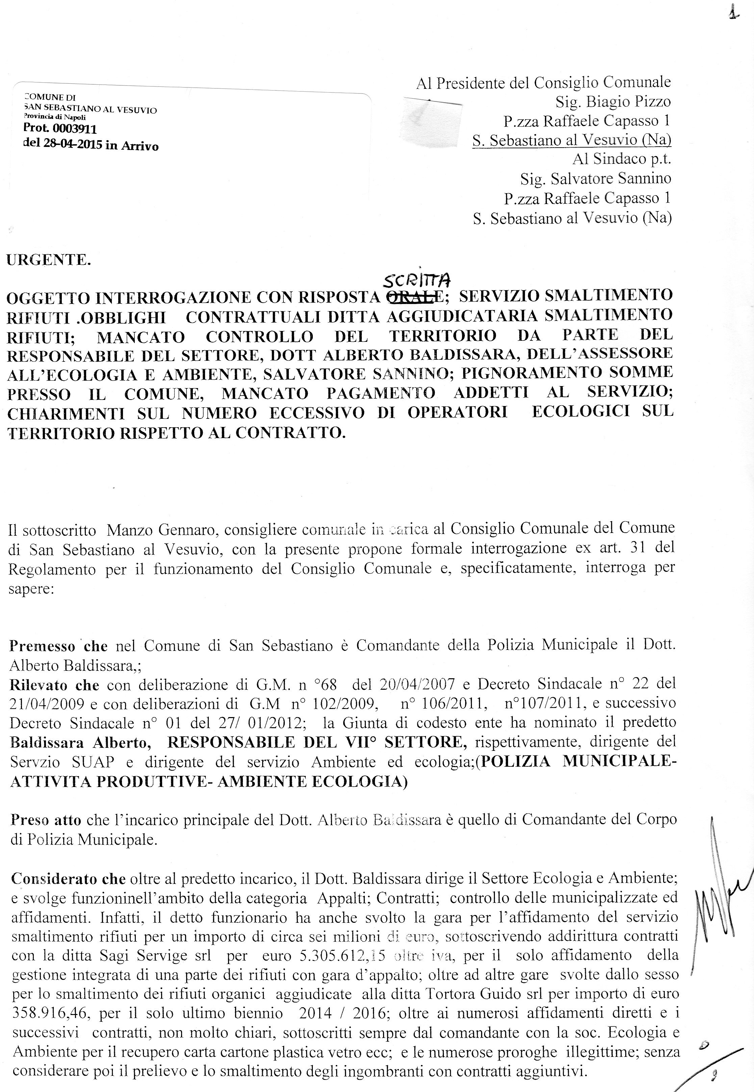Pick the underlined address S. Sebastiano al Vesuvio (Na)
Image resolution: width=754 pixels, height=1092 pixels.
(x=572, y=140)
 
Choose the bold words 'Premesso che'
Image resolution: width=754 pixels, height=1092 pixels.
(x=58, y=645)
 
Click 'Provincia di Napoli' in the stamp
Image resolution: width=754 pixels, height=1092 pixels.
(x=54, y=117)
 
